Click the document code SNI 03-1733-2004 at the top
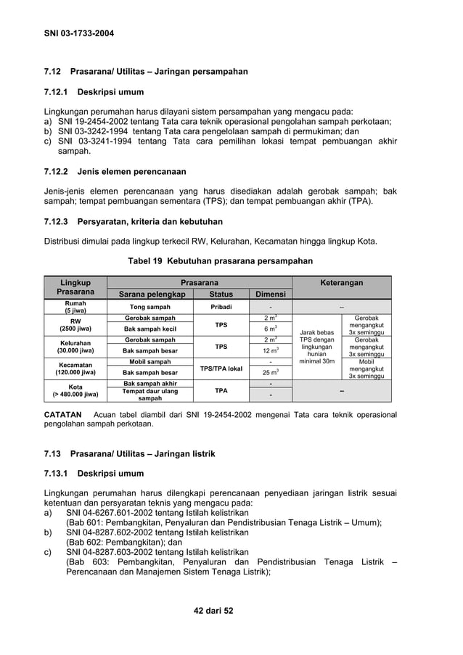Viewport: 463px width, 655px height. pos(79,33)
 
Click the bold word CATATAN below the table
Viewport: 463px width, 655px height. pos(62,415)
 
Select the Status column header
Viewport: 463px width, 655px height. pos(221,294)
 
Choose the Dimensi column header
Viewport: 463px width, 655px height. pos(270,294)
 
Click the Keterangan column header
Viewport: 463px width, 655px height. pos(341,283)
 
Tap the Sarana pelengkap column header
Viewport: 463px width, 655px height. pos(150,294)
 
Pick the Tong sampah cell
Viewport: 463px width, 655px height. pos(150,307)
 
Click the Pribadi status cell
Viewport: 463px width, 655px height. pos(221,307)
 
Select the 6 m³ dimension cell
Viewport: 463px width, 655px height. pos(270,329)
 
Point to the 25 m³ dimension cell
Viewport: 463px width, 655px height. pos(270,372)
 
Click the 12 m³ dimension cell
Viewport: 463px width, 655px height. pos(270,350)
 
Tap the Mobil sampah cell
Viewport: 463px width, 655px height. pos(150,361)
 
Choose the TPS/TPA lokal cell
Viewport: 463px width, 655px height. pos(221,368)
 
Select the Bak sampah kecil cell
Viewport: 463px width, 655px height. pos(150,329)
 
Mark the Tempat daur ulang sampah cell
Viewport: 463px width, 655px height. pos(150,395)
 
